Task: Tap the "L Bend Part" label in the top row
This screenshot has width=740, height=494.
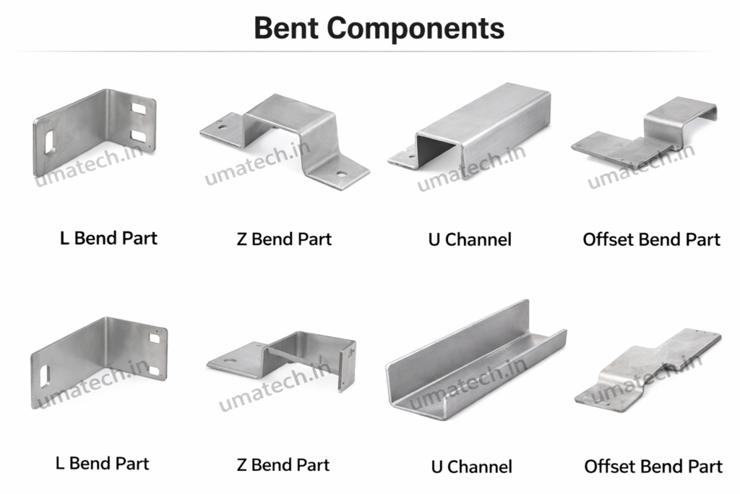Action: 108,237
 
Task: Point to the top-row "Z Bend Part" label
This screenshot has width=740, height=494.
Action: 284,239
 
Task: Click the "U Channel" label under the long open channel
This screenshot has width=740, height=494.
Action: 471,467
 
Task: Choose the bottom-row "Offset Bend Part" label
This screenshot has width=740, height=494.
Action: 653,466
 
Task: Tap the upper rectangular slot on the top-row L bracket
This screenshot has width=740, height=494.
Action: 139,109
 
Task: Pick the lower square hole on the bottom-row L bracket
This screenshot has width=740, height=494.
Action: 153,370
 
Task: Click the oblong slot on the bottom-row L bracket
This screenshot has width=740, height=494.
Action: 45,375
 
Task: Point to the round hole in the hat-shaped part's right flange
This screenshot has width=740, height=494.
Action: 340,174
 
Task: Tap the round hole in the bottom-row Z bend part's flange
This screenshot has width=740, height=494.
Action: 229,359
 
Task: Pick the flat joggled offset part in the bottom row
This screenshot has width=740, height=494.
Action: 648,369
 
